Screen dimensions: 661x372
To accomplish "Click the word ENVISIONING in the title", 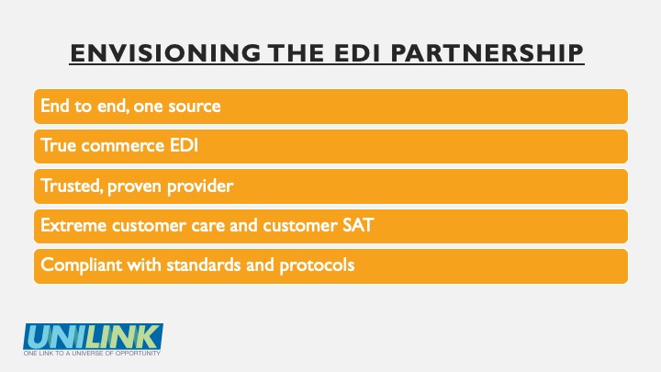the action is [165, 53].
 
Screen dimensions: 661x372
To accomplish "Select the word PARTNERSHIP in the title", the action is [487, 53].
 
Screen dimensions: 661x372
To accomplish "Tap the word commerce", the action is [123, 146].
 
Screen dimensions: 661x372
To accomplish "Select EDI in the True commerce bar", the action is [184, 145].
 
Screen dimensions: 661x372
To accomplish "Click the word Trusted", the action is [72, 186].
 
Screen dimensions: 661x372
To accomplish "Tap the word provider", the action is [200, 186].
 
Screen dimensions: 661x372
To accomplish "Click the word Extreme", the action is [73, 225].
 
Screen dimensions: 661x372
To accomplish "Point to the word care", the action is [207, 226].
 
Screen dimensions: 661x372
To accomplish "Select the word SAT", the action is [358, 225].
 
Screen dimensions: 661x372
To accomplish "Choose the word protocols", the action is [317, 265].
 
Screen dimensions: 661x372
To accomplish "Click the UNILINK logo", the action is [93, 336].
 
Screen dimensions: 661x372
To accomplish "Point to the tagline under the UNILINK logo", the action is [93, 353].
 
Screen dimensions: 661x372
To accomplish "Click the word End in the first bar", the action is [55, 106].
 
